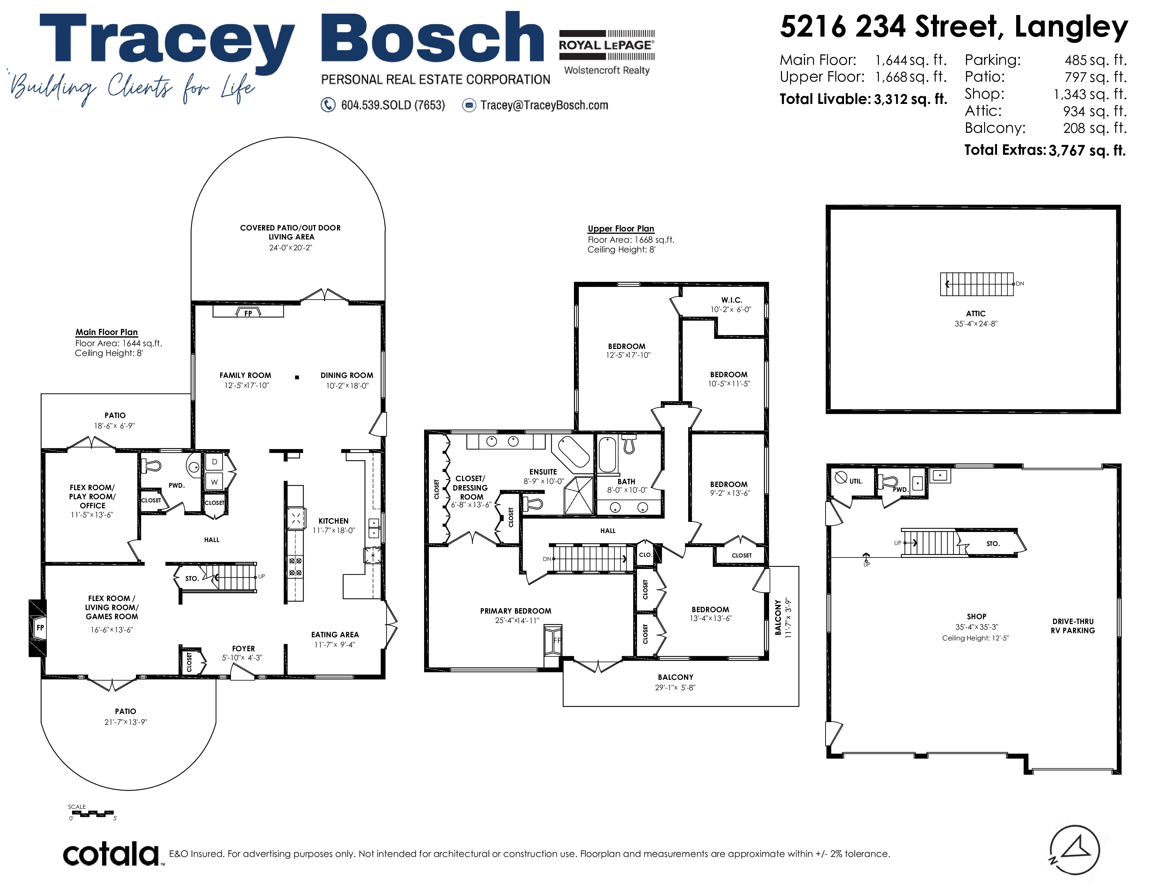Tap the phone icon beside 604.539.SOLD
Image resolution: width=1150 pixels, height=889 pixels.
pos(328,105)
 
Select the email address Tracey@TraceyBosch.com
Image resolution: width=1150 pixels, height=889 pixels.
pos(544,105)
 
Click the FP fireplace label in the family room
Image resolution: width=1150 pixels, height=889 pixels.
pos(248,313)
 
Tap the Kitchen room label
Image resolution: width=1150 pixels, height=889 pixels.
pos(333,521)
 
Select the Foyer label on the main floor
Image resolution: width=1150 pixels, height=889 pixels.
pos(243,649)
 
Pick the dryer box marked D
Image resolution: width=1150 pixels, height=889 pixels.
pos(214,462)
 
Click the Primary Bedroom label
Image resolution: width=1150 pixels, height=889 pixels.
pos(515,611)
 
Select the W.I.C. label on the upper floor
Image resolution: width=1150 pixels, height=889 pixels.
pos(731,300)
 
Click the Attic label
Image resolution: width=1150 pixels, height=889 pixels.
pos(976,313)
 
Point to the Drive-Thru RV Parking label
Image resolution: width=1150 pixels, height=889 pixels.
pos(1073,626)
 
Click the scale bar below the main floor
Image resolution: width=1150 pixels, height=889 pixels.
pos(93,813)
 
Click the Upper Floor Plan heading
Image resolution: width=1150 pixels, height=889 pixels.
pos(621,229)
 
